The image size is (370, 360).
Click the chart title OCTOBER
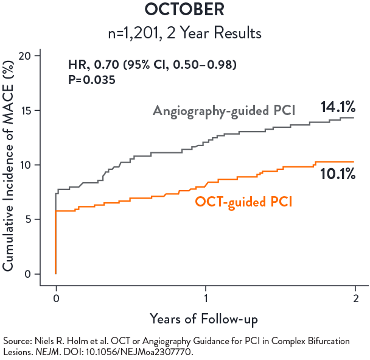184,10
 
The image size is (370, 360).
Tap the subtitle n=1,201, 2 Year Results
184,32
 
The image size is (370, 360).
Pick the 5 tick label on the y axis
37,219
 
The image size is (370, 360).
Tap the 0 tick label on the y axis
37,274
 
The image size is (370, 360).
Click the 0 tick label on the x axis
56,298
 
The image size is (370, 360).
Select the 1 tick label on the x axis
206,298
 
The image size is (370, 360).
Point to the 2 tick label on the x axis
355,298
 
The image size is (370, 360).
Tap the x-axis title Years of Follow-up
204,319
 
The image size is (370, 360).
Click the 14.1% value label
338,108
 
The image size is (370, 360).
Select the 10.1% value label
338,174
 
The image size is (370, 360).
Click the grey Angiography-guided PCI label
223,111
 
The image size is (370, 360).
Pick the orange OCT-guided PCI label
243,202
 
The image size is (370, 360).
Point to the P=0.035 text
92,79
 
